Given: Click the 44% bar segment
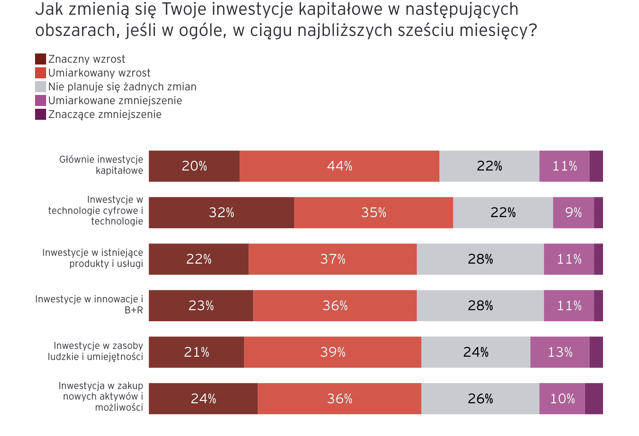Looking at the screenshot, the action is pyautogui.click(x=339, y=166).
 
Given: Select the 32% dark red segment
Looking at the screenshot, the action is pyautogui.click(x=221, y=212).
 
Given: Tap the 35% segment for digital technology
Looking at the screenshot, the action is pyautogui.click(x=374, y=212).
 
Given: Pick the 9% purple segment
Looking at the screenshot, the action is pyautogui.click(x=574, y=212).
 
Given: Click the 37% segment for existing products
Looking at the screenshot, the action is pyautogui.click(x=332, y=259).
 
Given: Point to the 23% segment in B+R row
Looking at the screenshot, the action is pyautogui.click(x=201, y=306).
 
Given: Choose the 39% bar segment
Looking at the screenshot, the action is pyautogui.click(x=332, y=352).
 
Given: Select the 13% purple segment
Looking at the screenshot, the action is pyautogui.click(x=560, y=352).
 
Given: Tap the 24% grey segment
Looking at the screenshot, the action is pyautogui.click(x=476, y=352).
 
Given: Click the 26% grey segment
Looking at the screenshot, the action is pyautogui.click(x=480, y=398).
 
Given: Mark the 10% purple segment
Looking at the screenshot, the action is pyautogui.click(x=562, y=398).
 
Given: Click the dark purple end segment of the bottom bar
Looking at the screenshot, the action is pyautogui.click(x=594, y=398).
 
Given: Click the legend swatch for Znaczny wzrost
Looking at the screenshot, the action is pyautogui.click(x=41, y=59).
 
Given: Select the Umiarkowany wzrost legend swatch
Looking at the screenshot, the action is pyautogui.click(x=41, y=73).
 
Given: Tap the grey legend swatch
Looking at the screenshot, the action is pyautogui.click(x=41, y=87).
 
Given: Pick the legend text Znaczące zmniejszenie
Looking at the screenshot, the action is pyautogui.click(x=105, y=115).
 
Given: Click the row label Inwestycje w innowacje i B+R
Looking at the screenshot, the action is pyautogui.click(x=89, y=305).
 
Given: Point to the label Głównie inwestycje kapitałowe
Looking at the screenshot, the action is pyautogui.click(x=101, y=165).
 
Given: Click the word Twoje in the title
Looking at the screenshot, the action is pyautogui.click(x=184, y=10).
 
